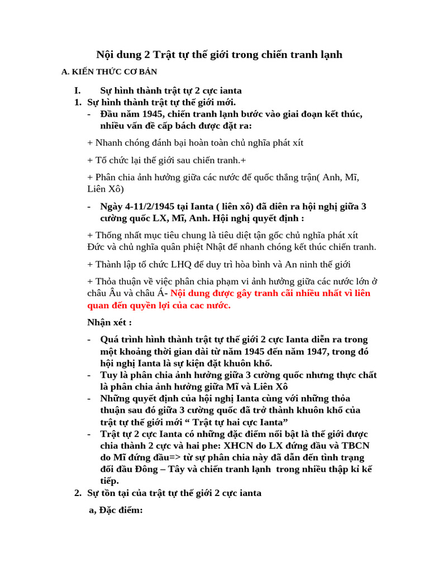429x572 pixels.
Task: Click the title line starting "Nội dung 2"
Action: click(x=219, y=54)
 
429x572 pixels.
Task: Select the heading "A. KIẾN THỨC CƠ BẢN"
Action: click(x=109, y=72)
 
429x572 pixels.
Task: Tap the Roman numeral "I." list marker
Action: click(x=78, y=90)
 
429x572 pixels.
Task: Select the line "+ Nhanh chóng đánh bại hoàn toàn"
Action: click(x=196, y=142)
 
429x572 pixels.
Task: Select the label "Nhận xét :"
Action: click(x=109, y=322)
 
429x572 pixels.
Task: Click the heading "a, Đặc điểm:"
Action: click(x=116, y=510)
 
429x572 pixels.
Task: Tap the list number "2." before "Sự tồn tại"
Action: click(x=78, y=493)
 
